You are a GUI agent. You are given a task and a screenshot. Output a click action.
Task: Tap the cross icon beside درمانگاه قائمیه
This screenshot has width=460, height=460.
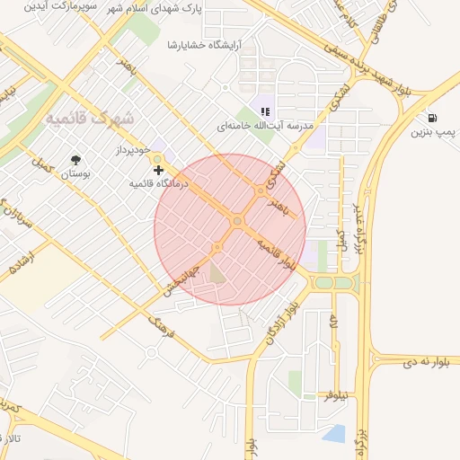point(159,169)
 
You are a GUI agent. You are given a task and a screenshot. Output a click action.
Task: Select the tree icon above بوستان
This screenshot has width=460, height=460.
point(75,160)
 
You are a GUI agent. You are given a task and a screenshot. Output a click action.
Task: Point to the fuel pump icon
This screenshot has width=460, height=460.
point(434,118)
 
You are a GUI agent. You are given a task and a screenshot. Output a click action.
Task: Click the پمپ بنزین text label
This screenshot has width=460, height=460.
point(435,134)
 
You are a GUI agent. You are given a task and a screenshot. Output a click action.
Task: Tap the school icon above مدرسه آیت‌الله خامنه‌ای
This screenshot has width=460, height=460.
point(265,111)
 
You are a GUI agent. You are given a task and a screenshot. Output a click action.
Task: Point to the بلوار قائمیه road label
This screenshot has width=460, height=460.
point(277,255)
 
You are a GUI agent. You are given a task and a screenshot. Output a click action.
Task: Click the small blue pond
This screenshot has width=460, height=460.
point(333,434)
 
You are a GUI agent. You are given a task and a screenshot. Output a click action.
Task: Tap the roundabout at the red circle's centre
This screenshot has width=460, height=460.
point(237,221)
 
